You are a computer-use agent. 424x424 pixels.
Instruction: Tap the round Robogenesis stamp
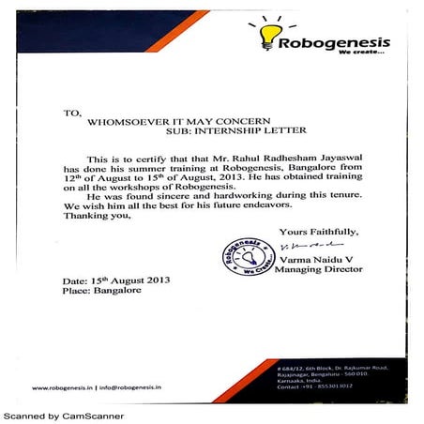[246, 256]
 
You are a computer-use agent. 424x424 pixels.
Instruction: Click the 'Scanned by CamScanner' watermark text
[63, 415]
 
